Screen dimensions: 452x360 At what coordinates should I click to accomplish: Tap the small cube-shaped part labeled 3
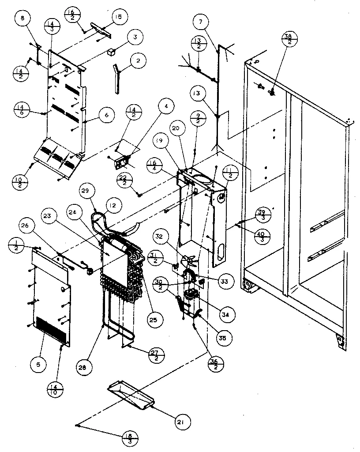[x=110, y=52]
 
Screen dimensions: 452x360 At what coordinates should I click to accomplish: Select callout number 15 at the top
[x=118, y=17]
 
